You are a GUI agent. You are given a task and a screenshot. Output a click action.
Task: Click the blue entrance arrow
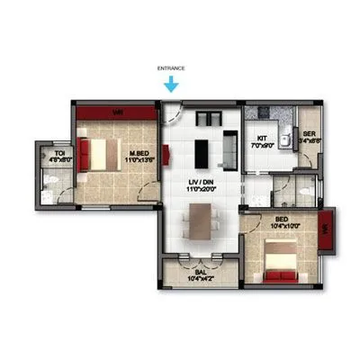pos(170,85)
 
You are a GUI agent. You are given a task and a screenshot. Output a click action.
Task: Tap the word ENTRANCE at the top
pos(170,67)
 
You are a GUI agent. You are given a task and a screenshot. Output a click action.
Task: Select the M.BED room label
pos(139,153)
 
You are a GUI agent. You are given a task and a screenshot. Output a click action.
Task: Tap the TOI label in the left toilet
pos(60,154)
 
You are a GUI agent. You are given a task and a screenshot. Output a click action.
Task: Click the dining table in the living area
pos(201,220)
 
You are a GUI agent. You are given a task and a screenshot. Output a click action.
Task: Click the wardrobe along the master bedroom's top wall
pos(117,112)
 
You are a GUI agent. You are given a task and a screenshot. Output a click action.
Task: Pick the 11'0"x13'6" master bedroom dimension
pos(139,161)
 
